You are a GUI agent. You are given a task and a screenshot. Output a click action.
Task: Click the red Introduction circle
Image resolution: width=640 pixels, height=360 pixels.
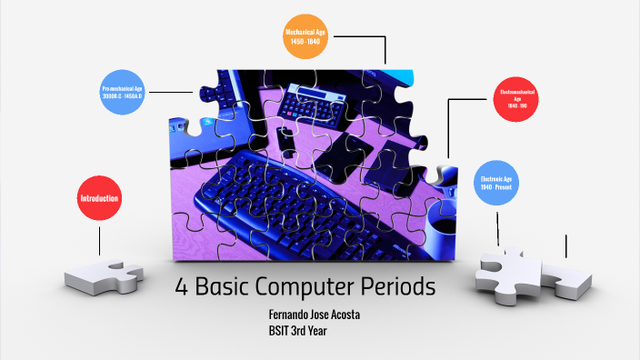99,198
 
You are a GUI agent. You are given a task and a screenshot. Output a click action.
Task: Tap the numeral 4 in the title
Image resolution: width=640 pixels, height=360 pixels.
181,288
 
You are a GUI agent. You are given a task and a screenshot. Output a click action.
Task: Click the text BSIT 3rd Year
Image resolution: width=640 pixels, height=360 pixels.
297,330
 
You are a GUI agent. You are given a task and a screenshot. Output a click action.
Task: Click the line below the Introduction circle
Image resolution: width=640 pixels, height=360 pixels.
99,239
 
